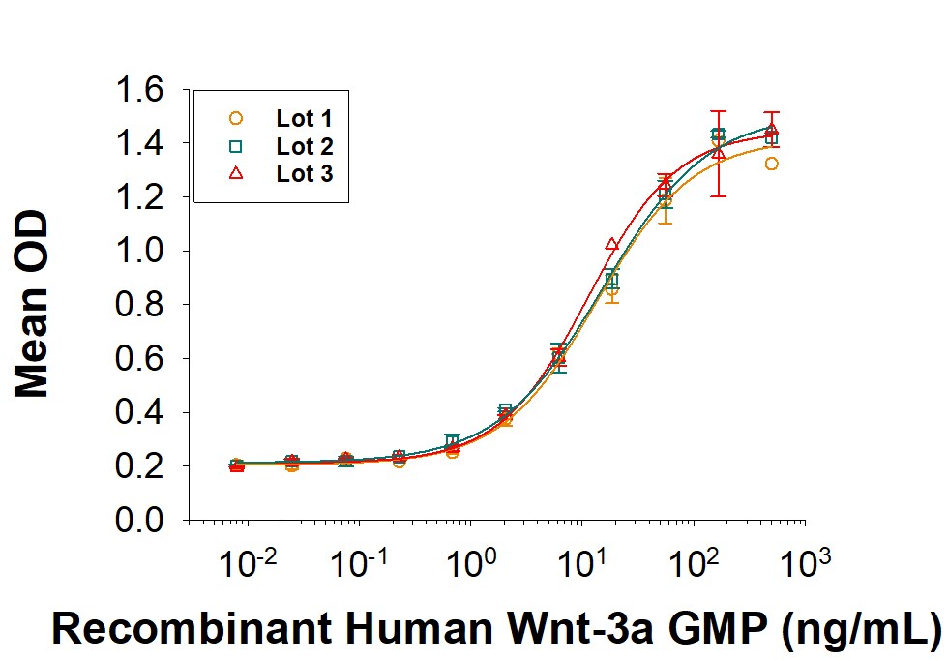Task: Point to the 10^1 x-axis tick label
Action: click(581, 563)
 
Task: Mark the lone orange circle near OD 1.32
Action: click(771, 164)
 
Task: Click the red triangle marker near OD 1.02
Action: click(611, 245)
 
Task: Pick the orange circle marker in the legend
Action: click(234, 119)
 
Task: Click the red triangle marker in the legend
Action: click(234, 174)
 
